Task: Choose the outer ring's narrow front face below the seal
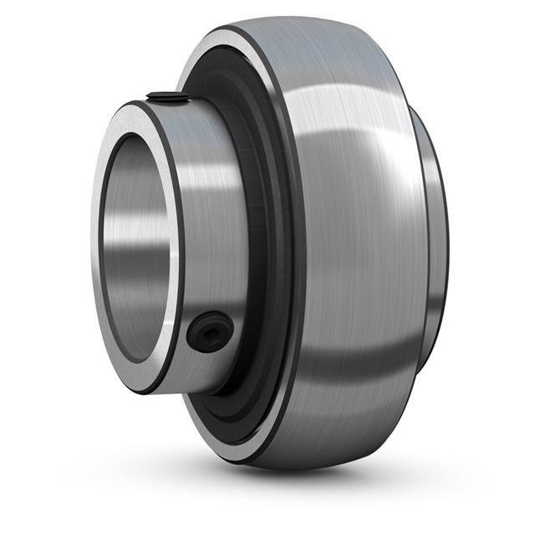226,439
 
